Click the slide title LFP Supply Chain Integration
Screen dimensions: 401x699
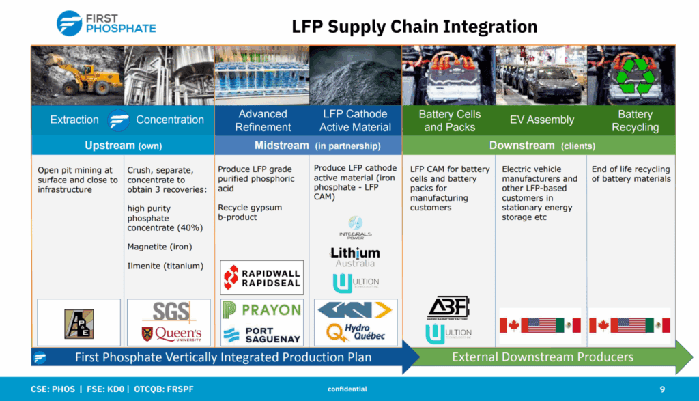click(x=414, y=27)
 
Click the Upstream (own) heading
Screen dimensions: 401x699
click(x=122, y=146)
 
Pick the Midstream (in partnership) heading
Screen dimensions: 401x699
click(x=309, y=146)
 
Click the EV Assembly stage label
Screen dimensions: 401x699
click(x=542, y=120)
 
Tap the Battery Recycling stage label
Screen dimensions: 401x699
click(x=635, y=120)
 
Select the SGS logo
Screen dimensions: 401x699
click(x=170, y=312)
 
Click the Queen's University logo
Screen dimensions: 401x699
click(x=170, y=333)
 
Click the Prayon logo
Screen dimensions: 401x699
click(x=261, y=310)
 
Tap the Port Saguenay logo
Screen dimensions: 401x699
click(x=261, y=334)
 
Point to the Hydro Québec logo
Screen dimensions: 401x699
click(x=355, y=333)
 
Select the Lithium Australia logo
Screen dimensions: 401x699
click(x=355, y=257)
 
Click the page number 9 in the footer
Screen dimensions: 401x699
click(x=661, y=389)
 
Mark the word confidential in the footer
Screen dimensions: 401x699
click(x=347, y=389)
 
